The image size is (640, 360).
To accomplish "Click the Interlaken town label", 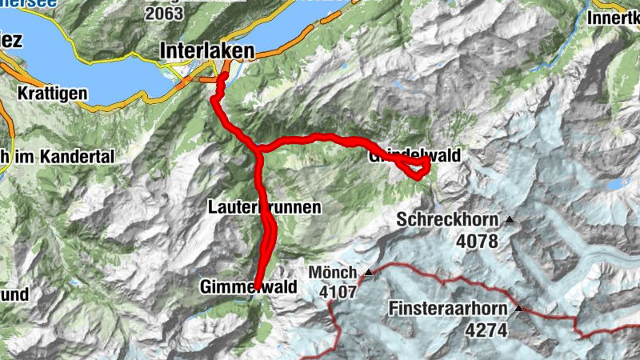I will tap(207, 50).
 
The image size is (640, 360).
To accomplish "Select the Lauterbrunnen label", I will tap(264, 207).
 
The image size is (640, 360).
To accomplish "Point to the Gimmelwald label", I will tap(249, 286).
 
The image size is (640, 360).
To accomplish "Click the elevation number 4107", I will tap(337, 292).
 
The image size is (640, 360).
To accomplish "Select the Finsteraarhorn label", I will tap(450, 308).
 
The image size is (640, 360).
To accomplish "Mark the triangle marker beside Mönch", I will tap(369, 273).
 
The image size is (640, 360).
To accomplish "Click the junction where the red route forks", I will tap(258, 148).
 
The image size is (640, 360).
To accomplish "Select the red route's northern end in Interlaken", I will tap(225, 77).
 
